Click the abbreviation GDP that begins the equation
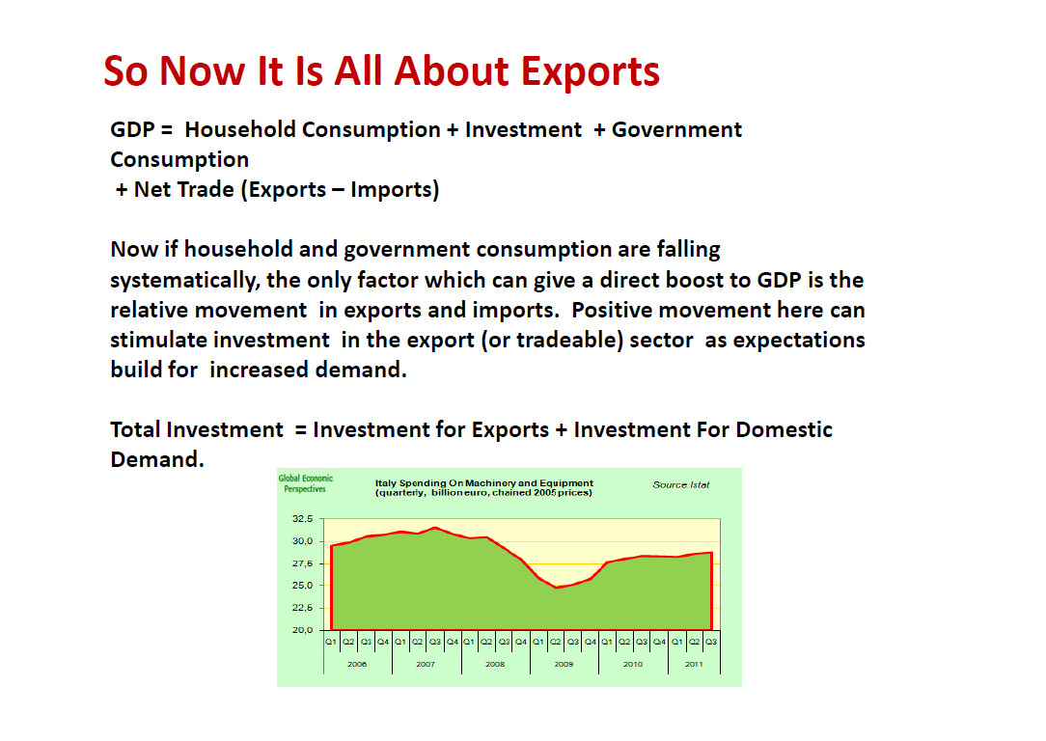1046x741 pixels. tap(132, 129)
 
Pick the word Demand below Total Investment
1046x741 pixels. tap(156, 459)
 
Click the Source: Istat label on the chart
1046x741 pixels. tap(681, 485)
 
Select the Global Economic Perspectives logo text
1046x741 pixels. tap(306, 483)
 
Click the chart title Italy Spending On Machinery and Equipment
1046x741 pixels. tap(483, 482)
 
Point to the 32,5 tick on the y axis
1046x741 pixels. tap(302, 518)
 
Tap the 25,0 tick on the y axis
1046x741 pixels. tap(302, 586)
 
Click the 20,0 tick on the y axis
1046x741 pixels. tap(302, 630)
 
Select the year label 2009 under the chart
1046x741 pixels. tap(564, 665)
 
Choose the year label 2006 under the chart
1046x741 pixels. tap(357, 665)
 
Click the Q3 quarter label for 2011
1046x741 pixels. tap(711, 642)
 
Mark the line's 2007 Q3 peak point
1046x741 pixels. tap(435, 528)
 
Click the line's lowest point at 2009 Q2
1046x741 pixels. tap(556, 588)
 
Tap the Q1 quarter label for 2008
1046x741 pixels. tap(469, 642)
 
